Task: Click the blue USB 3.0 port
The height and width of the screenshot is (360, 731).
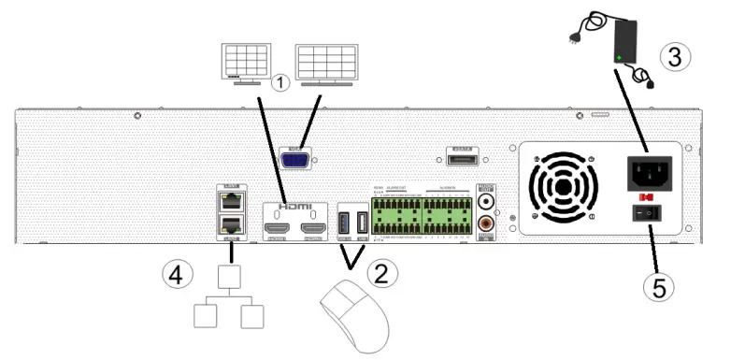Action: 345,224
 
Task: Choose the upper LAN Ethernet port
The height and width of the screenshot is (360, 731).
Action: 228,200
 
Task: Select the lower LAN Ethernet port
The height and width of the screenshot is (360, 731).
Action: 228,224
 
